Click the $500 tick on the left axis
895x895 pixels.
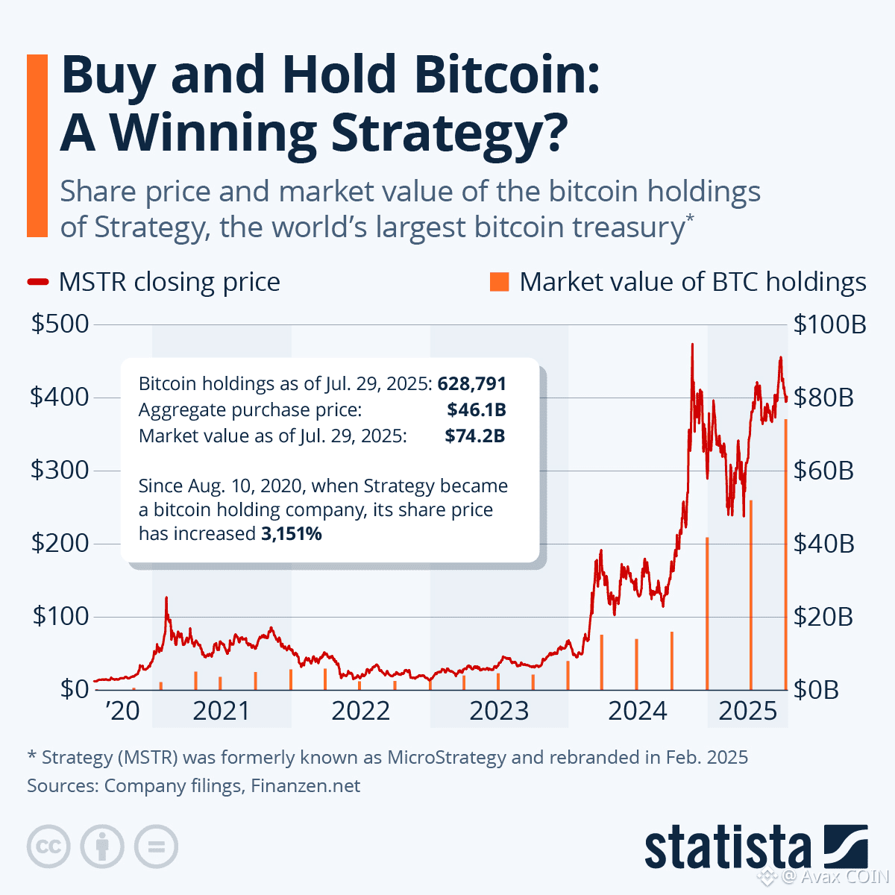click(x=59, y=324)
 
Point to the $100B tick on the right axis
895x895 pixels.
click(x=829, y=324)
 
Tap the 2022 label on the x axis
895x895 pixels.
click(x=360, y=711)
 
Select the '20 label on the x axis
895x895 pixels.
click(x=122, y=711)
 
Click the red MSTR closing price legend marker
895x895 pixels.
click(x=38, y=282)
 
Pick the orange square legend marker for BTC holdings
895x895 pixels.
click(x=499, y=281)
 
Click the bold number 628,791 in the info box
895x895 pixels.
click(x=472, y=384)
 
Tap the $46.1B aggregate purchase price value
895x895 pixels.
click(x=476, y=409)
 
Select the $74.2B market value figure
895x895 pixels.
click(x=475, y=436)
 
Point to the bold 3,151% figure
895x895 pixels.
click(x=292, y=534)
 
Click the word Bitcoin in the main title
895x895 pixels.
click(x=506, y=75)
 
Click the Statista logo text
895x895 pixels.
click(x=727, y=849)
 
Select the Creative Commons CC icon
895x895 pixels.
click(x=48, y=847)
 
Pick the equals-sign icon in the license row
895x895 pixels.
click(x=156, y=847)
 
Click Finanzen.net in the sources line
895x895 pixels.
click(x=306, y=785)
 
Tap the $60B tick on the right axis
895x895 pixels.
click(x=823, y=471)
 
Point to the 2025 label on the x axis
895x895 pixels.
click(x=747, y=711)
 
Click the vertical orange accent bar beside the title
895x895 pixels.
click(x=37, y=145)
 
